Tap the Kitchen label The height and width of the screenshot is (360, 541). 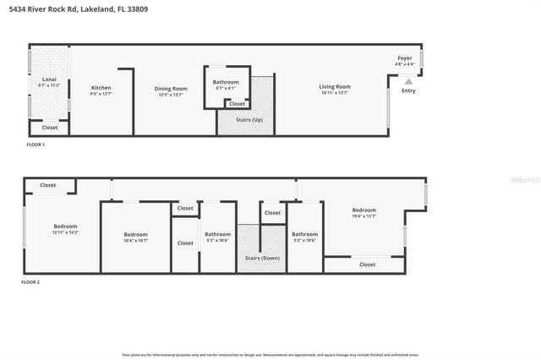pyautogui.click(x=101, y=88)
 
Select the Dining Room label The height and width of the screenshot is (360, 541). pyautogui.click(x=169, y=88)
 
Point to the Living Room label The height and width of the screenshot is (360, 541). pyautogui.click(x=335, y=87)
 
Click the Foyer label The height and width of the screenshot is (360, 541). pyautogui.click(x=405, y=58)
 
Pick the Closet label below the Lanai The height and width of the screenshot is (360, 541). pyautogui.click(x=50, y=128)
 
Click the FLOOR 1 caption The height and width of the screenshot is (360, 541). pyautogui.click(x=35, y=145)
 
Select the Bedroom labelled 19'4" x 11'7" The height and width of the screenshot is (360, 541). pyautogui.click(x=364, y=210)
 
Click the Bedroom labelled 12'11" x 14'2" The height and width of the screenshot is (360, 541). pyautogui.click(x=66, y=226)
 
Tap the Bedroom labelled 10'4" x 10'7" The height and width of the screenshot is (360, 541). pyautogui.click(x=135, y=234)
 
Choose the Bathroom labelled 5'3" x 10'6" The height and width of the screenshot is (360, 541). pyautogui.click(x=217, y=234)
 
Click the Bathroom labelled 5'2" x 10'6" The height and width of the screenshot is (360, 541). pyautogui.click(x=304, y=234)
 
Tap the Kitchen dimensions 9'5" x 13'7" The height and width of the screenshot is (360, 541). pyautogui.click(x=101, y=94)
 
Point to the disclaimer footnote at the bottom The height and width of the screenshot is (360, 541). pyautogui.click(x=270, y=355)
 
